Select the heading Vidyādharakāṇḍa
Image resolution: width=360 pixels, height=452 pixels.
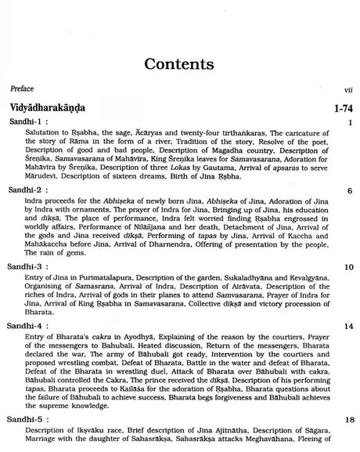coord(54,107)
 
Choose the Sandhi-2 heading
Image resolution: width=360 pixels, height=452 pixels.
coord(31,190)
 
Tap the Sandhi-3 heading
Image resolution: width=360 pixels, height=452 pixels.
coord(31,268)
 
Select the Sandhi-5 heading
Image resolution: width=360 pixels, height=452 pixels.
coord(31,420)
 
